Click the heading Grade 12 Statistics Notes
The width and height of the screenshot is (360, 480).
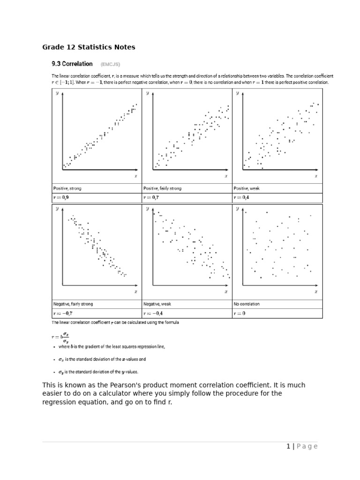[x=89, y=47]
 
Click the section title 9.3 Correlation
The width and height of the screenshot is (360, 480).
[x=72, y=64]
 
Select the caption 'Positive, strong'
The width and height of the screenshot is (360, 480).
[x=67, y=188]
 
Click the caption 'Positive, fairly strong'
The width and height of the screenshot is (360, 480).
[x=162, y=188]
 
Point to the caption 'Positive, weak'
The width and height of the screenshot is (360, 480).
[x=246, y=188]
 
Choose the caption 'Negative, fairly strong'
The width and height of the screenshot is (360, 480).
[x=73, y=304]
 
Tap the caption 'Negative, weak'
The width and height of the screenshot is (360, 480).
[x=157, y=304]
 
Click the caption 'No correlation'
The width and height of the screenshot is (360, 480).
[x=246, y=304]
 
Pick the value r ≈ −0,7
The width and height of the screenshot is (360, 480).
[x=62, y=313]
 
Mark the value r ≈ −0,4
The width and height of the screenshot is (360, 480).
[x=153, y=313]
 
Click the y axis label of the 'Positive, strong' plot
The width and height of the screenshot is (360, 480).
[x=57, y=93]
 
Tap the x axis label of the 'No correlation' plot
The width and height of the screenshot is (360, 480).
[x=316, y=292]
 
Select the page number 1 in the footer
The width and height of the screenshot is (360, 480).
[x=288, y=446]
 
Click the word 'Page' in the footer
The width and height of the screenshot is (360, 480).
[x=307, y=446]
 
